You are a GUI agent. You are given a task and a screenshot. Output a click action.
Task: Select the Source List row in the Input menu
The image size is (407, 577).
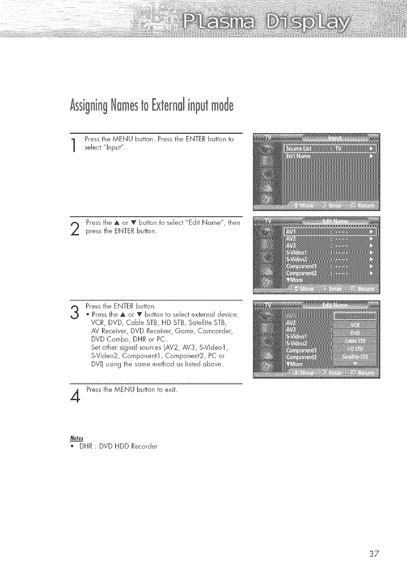pos(330,149)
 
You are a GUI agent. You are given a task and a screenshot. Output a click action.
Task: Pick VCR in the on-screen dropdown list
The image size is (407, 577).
pos(355,325)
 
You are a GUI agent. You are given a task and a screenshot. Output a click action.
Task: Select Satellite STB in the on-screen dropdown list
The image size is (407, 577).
pos(355,356)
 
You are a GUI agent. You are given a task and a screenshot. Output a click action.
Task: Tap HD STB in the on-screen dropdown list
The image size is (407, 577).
pos(355,349)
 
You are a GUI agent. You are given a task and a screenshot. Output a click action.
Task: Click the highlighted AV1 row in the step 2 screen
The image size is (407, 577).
pos(330,232)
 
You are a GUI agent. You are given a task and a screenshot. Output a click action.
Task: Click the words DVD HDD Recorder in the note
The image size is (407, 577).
pos(128,446)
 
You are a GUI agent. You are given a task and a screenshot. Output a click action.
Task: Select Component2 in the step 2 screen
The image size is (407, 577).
pos(302,273)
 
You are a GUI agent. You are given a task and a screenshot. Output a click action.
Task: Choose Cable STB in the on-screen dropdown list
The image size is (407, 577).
pos(355,341)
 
